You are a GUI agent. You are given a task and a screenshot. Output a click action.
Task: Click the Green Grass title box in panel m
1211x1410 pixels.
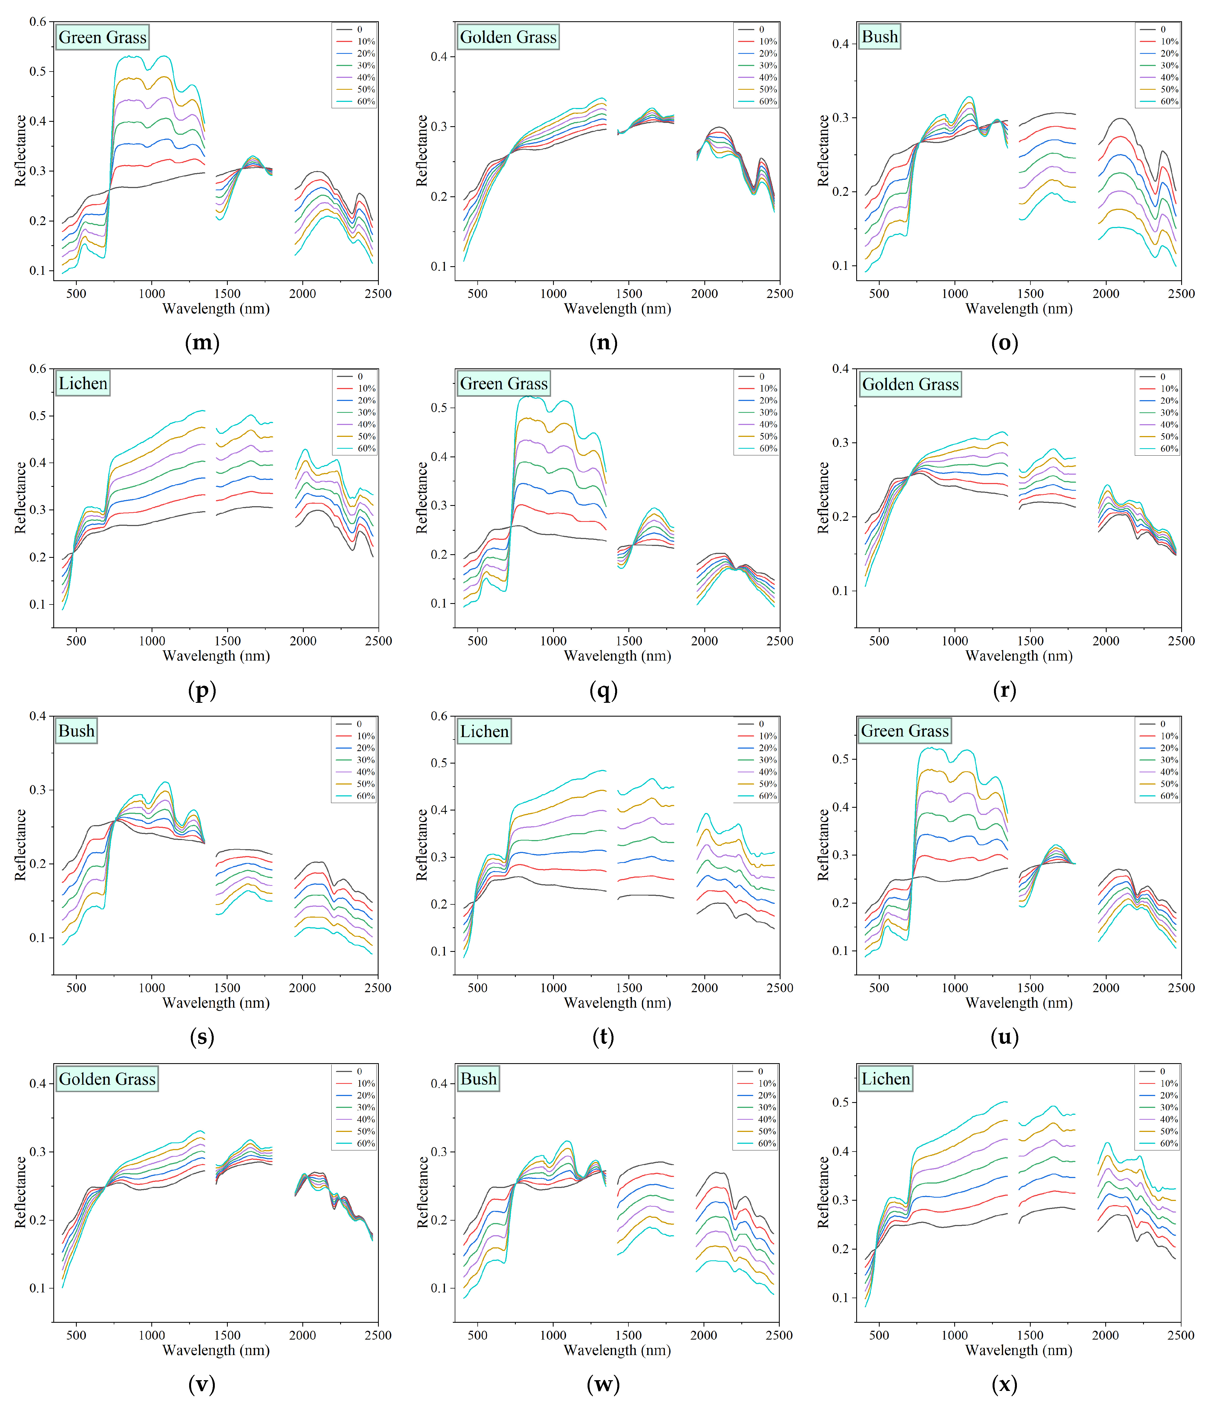tap(102, 38)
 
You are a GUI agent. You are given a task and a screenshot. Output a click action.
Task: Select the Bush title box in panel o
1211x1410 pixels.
tap(880, 37)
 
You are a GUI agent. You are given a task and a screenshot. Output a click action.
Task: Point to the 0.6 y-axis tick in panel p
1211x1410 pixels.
tap(38, 369)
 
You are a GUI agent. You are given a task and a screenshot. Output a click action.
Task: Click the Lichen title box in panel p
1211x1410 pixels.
tap(82, 384)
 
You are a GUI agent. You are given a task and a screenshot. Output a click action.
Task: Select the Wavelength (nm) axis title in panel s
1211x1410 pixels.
tap(216, 1003)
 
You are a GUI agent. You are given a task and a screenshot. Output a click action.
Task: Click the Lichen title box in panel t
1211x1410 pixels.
tap(484, 732)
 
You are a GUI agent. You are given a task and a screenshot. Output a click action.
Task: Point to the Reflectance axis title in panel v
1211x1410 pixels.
tap(20, 1192)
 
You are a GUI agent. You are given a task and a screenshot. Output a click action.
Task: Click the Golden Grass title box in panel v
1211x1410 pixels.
tap(107, 1079)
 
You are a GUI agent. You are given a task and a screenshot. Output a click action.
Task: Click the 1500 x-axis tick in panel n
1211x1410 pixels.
tap(629, 294)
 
